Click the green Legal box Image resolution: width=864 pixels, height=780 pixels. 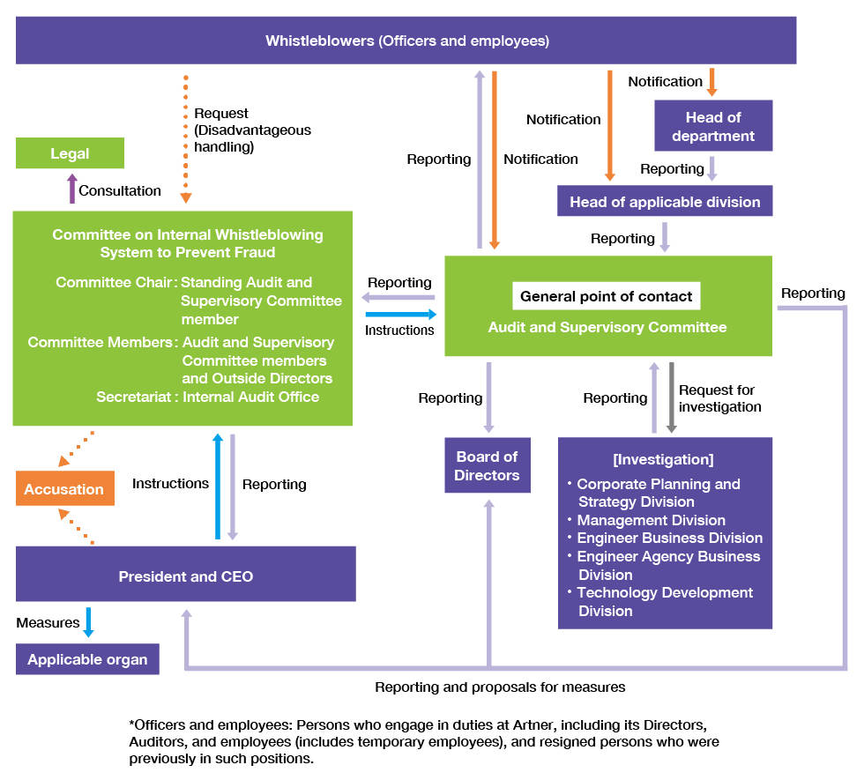(x=70, y=153)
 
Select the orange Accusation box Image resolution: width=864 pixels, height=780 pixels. (x=64, y=489)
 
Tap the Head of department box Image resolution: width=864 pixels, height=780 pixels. (x=713, y=126)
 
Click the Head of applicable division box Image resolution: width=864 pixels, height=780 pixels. (x=665, y=202)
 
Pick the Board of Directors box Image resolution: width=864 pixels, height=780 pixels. (x=487, y=465)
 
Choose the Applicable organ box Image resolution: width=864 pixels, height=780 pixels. (x=87, y=659)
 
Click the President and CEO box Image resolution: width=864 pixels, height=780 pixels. (x=186, y=576)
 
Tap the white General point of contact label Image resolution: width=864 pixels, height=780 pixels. (x=606, y=296)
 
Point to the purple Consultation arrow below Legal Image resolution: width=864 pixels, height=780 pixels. (x=72, y=189)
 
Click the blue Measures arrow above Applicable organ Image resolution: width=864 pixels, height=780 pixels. (x=87, y=621)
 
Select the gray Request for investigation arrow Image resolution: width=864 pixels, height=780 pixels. (x=671, y=397)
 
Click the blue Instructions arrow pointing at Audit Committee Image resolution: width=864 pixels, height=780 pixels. (x=400, y=314)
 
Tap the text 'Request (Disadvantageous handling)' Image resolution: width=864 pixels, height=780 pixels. (x=252, y=130)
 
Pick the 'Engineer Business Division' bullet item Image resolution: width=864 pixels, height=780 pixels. (x=669, y=538)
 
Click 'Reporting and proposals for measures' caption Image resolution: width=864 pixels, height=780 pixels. (x=500, y=687)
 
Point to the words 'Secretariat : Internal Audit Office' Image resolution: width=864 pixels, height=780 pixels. (x=208, y=397)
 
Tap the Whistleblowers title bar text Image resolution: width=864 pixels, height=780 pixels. (x=406, y=41)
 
